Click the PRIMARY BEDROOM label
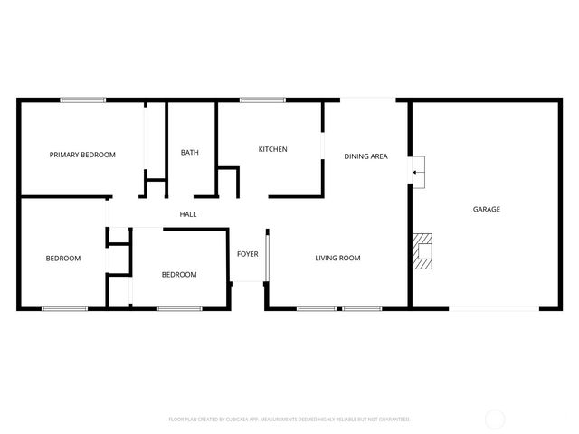(x=82, y=155)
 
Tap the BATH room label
(x=190, y=153)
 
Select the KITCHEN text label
(x=272, y=149)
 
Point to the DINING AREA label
(x=365, y=156)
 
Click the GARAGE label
(x=487, y=209)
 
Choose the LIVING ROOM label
(x=337, y=259)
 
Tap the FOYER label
(x=248, y=254)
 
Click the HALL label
(x=188, y=214)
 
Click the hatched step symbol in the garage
(x=422, y=252)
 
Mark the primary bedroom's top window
(x=82, y=99)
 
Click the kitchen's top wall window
(x=258, y=99)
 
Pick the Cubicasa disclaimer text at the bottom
(x=289, y=420)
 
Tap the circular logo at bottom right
(x=496, y=418)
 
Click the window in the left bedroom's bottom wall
(x=65, y=309)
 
